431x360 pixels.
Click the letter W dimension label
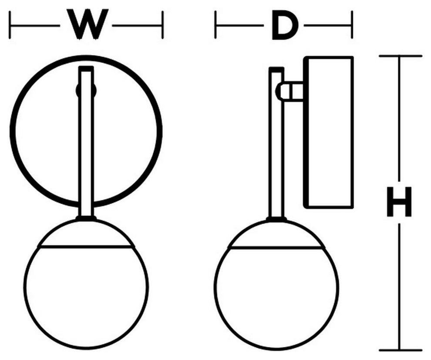(x=86, y=25)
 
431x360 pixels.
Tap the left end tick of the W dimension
(x=10, y=25)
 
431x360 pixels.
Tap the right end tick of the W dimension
(x=163, y=25)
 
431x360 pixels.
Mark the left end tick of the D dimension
(x=215, y=25)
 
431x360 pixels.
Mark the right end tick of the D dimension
(x=352, y=25)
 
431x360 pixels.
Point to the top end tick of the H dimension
(x=400, y=56)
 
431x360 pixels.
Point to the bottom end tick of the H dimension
(x=400, y=350)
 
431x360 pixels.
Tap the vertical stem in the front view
(x=86, y=142)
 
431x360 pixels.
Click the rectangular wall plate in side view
(x=328, y=132)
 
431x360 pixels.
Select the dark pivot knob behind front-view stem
(x=86, y=91)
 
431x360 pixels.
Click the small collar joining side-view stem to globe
(x=276, y=219)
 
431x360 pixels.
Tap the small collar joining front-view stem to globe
(x=86, y=218)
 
